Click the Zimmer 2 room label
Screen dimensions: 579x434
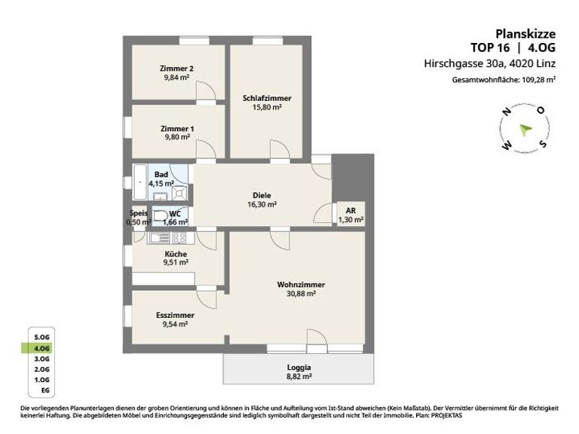pos(176,69)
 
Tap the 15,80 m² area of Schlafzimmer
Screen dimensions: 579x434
pos(267,108)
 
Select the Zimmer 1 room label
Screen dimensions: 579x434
pos(177,129)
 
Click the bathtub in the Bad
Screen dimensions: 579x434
pos(140,182)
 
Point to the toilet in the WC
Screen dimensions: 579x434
pos(160,215)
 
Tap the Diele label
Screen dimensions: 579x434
pos(262,196)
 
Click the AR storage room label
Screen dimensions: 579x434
pos(351,211)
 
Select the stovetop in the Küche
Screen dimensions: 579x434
pos(179,238)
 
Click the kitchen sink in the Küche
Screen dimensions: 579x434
pos(160,238)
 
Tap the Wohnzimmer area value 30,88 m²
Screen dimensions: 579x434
pos(301,294)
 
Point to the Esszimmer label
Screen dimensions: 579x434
pos(175,316)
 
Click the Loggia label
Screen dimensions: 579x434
pos(299,368)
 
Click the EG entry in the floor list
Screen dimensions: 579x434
pos(45,390)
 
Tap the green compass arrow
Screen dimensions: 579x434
pos(525,130)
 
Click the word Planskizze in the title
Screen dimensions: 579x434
pos(525,35)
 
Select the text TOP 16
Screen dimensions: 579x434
pos(490,47)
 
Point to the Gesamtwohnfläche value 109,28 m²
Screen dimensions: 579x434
pos(539,80)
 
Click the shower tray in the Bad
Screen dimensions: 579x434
pos(180,193)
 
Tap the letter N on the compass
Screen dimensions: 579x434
pos(507,111)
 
